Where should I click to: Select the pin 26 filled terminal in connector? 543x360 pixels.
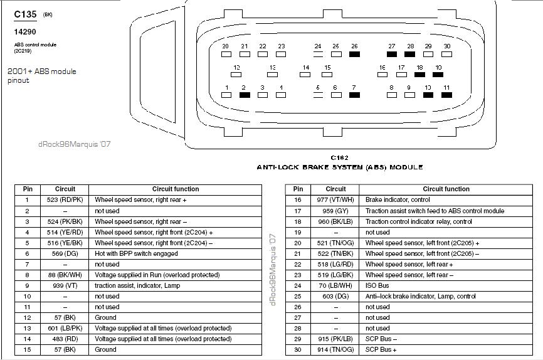[354, 55]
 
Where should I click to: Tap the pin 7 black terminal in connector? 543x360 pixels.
[354, 95]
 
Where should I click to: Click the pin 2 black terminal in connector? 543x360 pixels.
[245, 95]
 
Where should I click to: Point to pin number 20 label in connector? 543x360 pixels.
[226, 46]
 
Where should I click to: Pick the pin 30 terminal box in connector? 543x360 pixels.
[446, 55]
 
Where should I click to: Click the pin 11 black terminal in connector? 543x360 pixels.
[446, 95]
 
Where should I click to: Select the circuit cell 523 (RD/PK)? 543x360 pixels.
[65, 200]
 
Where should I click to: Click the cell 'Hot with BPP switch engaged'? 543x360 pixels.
[136, 253]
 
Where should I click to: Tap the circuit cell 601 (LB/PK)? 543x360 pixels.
[65, 328]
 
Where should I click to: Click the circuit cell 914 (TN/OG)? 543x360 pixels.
[335, 349]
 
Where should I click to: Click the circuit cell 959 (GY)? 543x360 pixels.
[335, 211]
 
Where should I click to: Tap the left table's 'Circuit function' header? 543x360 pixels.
[176, 189]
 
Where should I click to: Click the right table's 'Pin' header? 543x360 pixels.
[298, 189]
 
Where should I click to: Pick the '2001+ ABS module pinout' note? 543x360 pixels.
[41, 76]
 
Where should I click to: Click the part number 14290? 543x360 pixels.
[24, 31]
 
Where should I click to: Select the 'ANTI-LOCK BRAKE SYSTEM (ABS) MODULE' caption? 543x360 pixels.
[339, 167]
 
